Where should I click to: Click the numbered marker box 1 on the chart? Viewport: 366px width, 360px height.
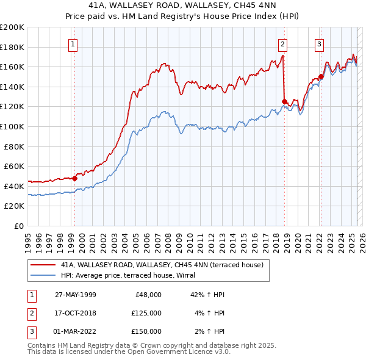pyautogui.click(x=73, y=43)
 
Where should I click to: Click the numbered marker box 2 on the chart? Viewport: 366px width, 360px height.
pyautogui.click(x=283, y=43)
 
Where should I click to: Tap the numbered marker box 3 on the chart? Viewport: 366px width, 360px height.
pyautogui.click(x=319, y=43)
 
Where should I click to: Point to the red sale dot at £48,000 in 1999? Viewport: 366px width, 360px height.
pyautogui.click(x=74, y=178)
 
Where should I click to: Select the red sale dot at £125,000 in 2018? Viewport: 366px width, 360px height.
pyautogui.click(x=284, y=102)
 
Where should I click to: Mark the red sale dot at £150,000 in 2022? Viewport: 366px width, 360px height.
pyautogui.click(x=321, y=77)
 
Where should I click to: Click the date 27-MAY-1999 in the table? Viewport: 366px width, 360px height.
pyautogui.click(x=76, y=294)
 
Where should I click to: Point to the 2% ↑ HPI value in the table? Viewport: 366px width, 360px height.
pyautogui.click(x=212, y=331)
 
